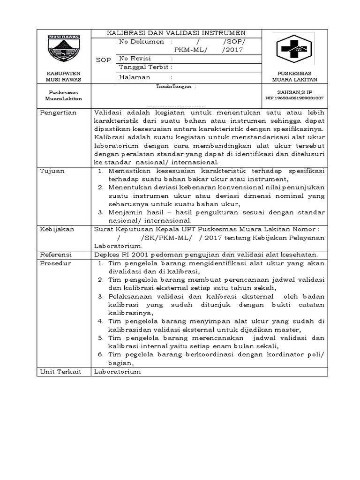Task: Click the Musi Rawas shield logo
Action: [x=63, y=50]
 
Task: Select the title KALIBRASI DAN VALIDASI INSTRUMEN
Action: [x=176, y=33]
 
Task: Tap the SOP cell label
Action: [x=103, y=60]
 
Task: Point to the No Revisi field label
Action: [x=134, y=59]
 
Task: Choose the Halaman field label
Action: [x=135, y=77]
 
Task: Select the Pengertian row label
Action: [x=59, y=113]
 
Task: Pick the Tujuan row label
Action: [x=52, y=171]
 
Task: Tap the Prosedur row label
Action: [x=55, y=263]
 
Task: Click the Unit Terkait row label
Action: [x=60, y=371]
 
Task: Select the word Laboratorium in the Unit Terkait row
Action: [x=117, y=371]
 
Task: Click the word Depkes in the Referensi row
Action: [x=106, y=255]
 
